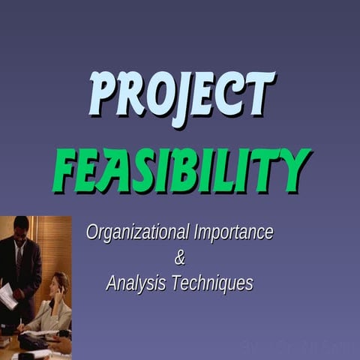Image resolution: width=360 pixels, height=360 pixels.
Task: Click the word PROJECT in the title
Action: pos(181,95)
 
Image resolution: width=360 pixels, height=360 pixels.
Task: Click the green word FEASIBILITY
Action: pos(181,169)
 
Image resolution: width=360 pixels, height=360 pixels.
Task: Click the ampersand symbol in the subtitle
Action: pos(179,259)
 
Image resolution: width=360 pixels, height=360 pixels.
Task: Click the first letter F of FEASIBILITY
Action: pos(69,169)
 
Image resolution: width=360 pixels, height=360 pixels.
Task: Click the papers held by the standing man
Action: pos(7,295)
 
